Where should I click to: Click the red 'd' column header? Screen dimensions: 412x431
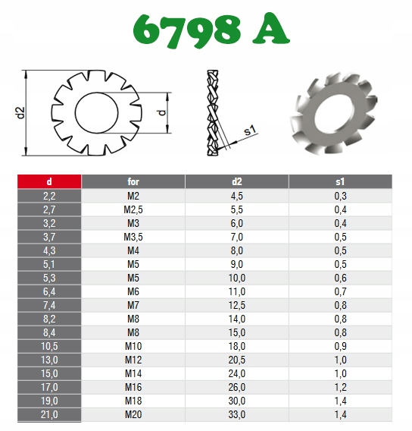point(49,181)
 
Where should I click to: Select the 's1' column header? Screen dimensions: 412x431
point(340,181)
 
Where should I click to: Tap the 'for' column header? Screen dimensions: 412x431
point(133,181)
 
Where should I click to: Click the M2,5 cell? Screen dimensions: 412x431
point(133,209)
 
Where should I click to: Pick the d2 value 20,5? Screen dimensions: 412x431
point(237,360)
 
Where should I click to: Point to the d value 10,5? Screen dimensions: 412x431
point(49,346)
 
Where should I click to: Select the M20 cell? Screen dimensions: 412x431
point(133,414)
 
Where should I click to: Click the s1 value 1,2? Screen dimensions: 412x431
point(340,387)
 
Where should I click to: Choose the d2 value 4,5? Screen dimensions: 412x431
point(237,196)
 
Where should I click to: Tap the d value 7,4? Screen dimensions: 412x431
point(49,305)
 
